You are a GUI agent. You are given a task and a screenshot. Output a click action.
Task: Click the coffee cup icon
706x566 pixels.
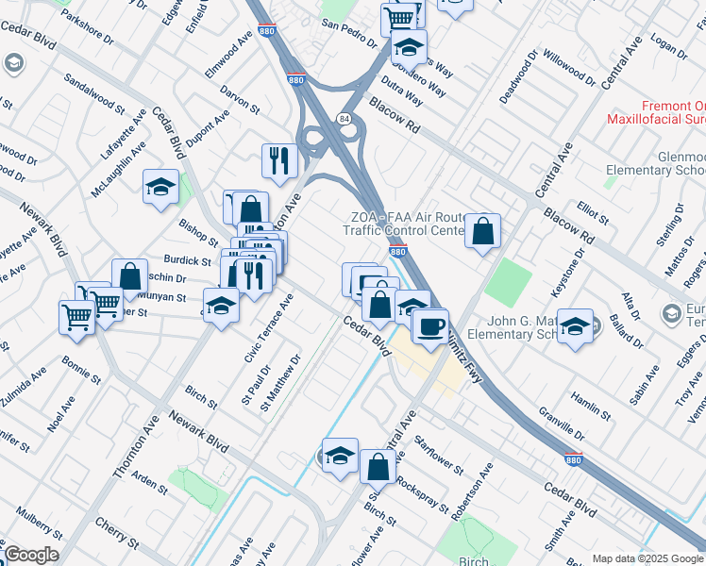[430, 326]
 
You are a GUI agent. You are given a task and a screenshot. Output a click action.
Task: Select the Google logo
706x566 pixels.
[30, 555]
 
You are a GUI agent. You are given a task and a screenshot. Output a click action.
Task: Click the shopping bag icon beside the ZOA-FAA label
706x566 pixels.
[482, 230]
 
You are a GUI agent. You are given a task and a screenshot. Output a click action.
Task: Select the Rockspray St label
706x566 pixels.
[423, 492]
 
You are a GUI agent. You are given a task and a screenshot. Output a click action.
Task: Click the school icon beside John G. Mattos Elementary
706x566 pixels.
[575, 325]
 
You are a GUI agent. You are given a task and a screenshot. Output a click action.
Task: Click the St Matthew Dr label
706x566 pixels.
[283, 385]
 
